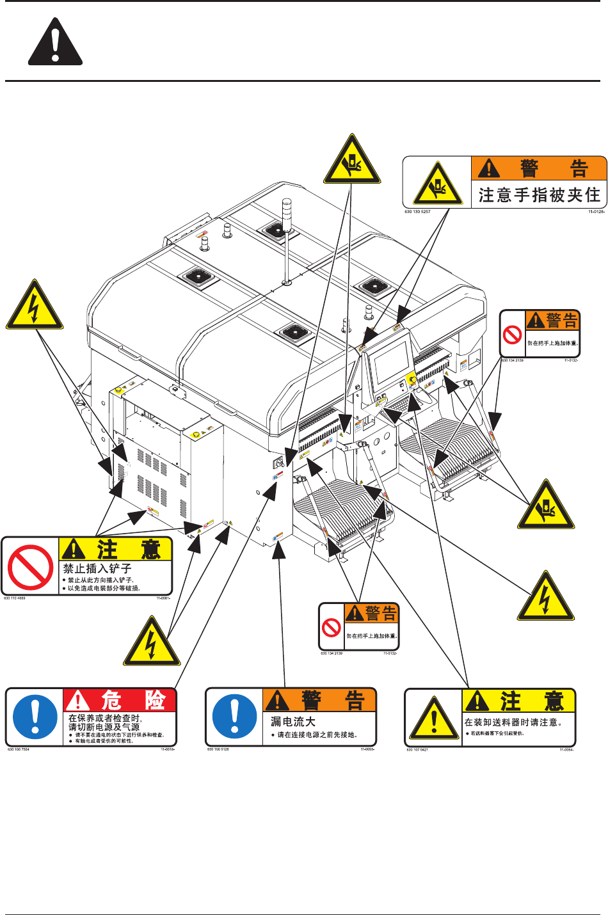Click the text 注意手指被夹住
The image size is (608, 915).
pyautogui.click(x=539, y=195)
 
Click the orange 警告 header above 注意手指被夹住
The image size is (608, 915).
pyautogui.click(x=539, y=168)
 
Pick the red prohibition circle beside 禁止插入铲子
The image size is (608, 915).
pyautogui.click(x=30, y=567)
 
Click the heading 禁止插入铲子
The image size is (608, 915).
pyautogui.click(x=97, y=568)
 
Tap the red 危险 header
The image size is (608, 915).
pyautogui.click(x=120, y=699)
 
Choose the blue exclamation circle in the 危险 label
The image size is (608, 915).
pyautogui.click(x=35, y=717)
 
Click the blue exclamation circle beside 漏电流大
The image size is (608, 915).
pyautogui.click(x=234, y=717)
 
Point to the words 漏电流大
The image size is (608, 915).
pyautogui.click(x=293, y=721)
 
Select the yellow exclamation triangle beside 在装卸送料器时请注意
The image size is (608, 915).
pyautogui.click(x=435, y=718)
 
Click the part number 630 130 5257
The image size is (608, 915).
pyautogui.click(x=417, y=212)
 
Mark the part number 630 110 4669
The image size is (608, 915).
pyautogui.click(x=15, y=598)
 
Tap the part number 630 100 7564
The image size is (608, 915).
pyautogui.click(x=19, y=749)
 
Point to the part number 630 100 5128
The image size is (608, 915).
pyautogui.click(x=218, y=749)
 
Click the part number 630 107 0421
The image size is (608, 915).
pyautogui.click(x=417, y=749)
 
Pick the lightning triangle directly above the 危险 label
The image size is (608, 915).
pyautogui.click(x=152, y=642)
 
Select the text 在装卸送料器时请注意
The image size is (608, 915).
pyautogui.click(x=513, y=722)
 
